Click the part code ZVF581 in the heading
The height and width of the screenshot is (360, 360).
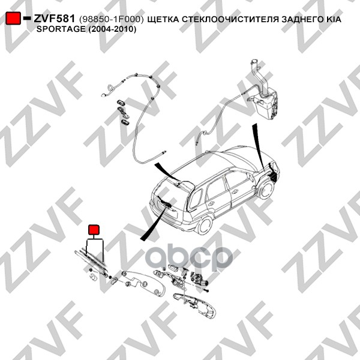tap(54, 19)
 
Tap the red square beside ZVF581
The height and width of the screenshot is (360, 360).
tap(13, 18)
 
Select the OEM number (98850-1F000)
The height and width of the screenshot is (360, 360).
tap(112, 19)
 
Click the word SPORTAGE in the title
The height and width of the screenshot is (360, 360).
tap(61, 29)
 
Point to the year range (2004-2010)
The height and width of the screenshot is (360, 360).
tap(112, 29)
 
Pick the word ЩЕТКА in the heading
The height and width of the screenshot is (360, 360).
tap(163, 20)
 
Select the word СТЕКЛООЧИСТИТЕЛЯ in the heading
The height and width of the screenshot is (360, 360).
tap(230, 19)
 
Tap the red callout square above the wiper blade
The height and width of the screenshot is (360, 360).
tap(94, 230)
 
